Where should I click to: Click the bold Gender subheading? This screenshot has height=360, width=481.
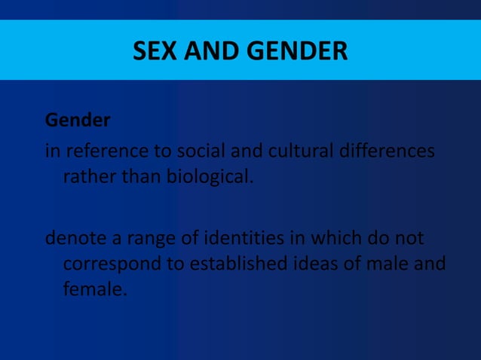(78, 121)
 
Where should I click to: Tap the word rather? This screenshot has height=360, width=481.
(84, 179)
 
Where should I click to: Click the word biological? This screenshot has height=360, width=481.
(203, 179)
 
